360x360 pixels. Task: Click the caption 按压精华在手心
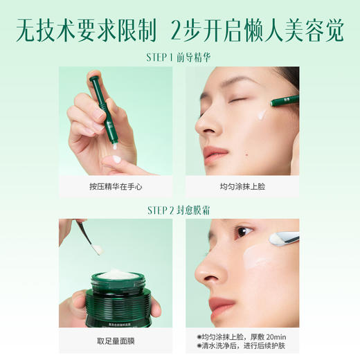tap(116, 187)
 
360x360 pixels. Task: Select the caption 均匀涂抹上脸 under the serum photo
tap(242, 187)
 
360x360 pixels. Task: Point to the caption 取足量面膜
tap(116, 341)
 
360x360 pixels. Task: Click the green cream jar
tap(116, 298)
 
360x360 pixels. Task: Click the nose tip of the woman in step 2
tap(203, 277)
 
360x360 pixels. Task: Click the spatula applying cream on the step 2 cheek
tap(284, 238)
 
